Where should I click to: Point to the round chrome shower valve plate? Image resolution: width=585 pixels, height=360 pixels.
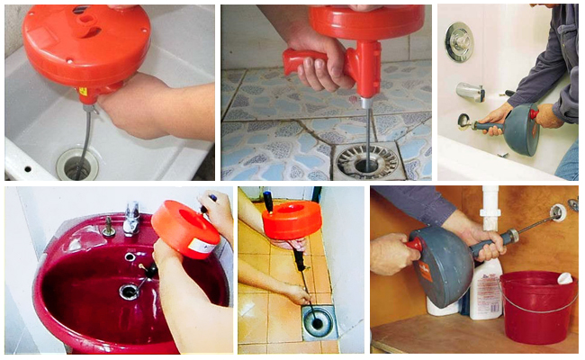[x=459, y=40]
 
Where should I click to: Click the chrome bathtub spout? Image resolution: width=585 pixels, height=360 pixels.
[x=470, y=91]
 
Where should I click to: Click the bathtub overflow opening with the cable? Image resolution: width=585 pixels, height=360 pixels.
[x=463, y=119]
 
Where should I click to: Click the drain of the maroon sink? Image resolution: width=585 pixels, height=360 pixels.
[x=129, y=292]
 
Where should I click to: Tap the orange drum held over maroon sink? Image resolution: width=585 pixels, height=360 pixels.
[x=184, y=229]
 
